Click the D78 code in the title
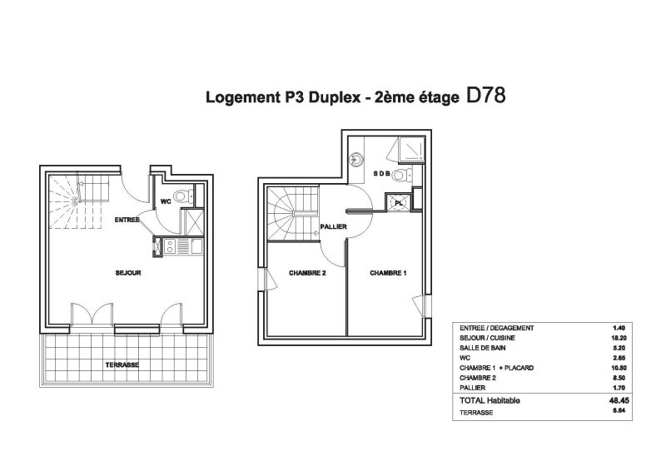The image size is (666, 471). click(486, 95)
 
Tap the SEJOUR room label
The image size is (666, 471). click(128, 273)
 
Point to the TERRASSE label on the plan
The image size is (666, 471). click(122, 364)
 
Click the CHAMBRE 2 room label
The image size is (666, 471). click(307, 273)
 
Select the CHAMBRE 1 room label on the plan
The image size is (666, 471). click(388, 273)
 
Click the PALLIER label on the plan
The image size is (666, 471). click(334, 227)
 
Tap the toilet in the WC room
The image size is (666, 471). click(184, 196)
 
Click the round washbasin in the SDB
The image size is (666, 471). click(356, 160)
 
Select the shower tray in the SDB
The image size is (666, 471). click(411, 149)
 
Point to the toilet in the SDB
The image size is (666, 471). click(402, 175)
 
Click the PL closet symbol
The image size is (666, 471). click(398, 202)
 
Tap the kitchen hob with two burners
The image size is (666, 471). click(170, 246)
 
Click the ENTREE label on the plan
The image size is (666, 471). click(127, 220)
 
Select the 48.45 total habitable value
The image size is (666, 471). click(619, 400)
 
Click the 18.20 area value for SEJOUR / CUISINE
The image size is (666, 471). click(619, 338)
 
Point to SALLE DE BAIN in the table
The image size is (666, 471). click(483, 348)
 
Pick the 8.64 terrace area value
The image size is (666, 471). click(619, 411)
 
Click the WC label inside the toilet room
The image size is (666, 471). click(166, 201)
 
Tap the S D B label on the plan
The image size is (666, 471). click(381, 173)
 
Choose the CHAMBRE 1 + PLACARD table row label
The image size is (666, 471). click(496, 368)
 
